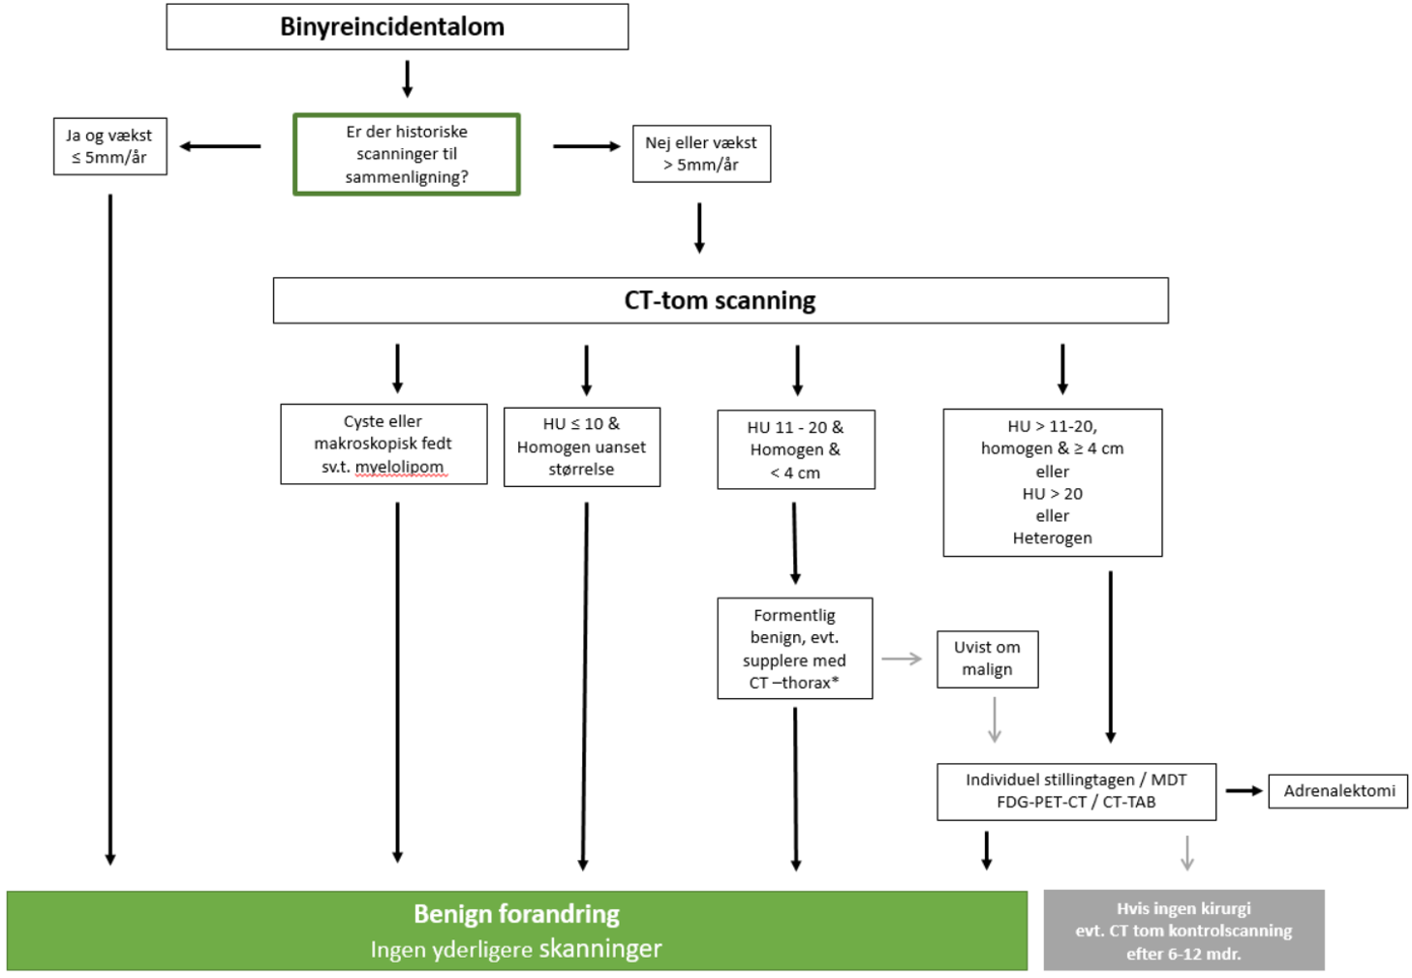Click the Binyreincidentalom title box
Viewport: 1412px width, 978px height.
point(397,27)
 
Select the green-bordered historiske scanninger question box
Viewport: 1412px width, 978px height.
point(407,155)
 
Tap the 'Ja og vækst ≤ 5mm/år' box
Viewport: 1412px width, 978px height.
point(110,146)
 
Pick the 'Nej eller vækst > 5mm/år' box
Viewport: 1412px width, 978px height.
point(701,154)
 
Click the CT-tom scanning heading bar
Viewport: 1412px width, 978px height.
point(721,300)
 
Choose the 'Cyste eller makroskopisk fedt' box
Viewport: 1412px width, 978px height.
point(384,443)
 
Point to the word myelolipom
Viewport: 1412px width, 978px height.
point(399,467)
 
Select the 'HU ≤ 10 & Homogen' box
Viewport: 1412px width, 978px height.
point(582,446)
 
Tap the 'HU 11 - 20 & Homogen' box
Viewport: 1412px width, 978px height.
point(796,449)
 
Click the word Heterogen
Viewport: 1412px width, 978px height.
point(1053,538)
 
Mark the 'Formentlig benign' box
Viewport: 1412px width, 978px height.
point(795,648)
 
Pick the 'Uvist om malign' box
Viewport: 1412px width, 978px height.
point(988,658)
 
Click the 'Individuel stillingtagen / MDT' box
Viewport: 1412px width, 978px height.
point(1076,791)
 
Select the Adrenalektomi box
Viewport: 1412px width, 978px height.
point(1338,791)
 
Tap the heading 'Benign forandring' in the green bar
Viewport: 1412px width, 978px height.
point(516,914)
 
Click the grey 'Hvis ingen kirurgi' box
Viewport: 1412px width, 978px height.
point(1183,931)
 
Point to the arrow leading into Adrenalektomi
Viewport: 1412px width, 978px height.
point(1243,791)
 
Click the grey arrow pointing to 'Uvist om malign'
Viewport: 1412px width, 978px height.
point(903,659)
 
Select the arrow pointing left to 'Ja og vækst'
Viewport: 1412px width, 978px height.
point(221,146)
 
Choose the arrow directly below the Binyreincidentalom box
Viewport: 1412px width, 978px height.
point(408,78)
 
